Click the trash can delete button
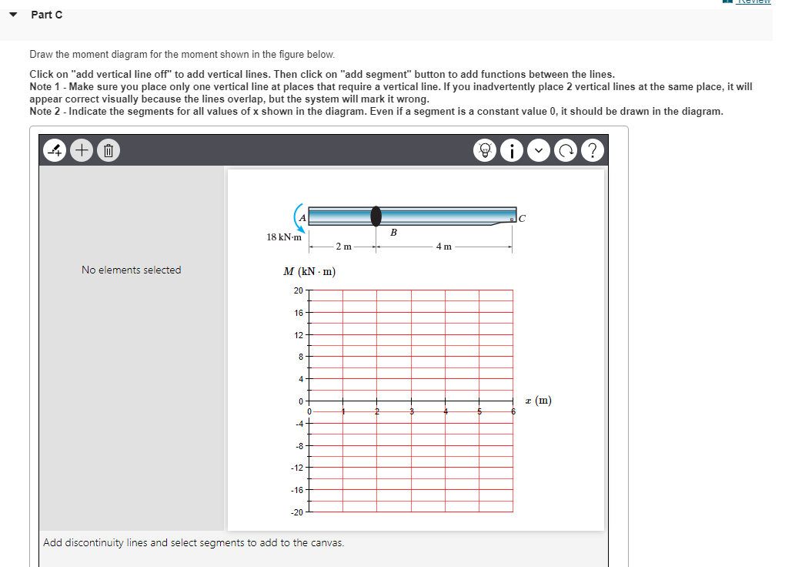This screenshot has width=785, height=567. tap(108, 150)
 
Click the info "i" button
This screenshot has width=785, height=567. tap(512, 150)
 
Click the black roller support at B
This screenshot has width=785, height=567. tap(376, 216)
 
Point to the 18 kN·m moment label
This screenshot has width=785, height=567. tap(284, 237)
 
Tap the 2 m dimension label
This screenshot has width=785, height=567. tap(343, 247)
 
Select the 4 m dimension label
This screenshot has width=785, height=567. tap(444, 247)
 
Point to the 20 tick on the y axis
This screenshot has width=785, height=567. tap(298, 290)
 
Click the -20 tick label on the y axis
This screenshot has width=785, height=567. tap(296, 512)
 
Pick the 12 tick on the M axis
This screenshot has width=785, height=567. tap(298, 334)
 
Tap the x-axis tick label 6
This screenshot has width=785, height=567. tap(513, 412)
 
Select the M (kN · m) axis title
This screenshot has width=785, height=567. tap(309, 271)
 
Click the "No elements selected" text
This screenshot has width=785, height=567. tap(132, 270)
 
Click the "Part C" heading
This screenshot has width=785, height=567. tap(47, 15)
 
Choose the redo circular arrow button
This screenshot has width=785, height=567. tap(567, 150)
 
